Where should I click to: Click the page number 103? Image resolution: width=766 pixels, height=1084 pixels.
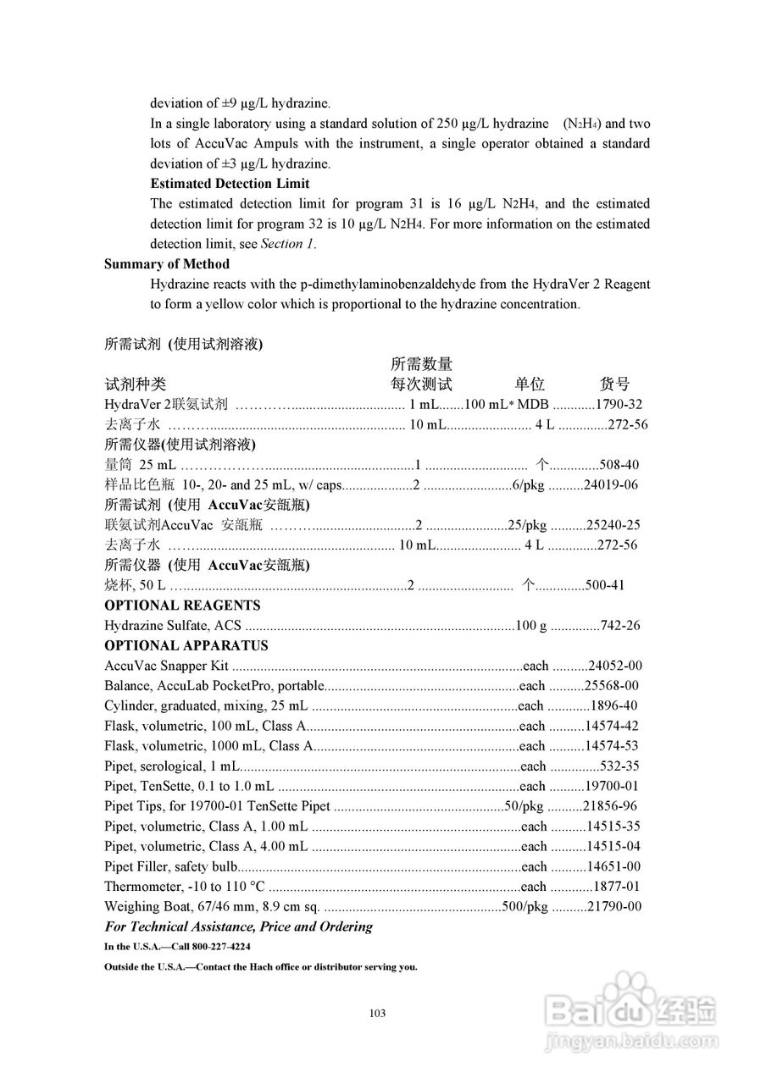(378, 1014)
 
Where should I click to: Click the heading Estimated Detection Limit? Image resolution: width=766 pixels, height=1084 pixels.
(230, 184)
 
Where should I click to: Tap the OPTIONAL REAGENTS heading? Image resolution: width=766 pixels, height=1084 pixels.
(182, 606)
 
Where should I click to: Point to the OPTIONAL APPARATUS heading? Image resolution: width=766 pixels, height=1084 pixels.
(186, 645)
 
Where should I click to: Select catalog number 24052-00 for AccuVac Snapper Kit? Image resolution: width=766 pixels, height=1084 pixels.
(614, 666)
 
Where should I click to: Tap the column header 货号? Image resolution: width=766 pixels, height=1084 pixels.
(614, 384)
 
